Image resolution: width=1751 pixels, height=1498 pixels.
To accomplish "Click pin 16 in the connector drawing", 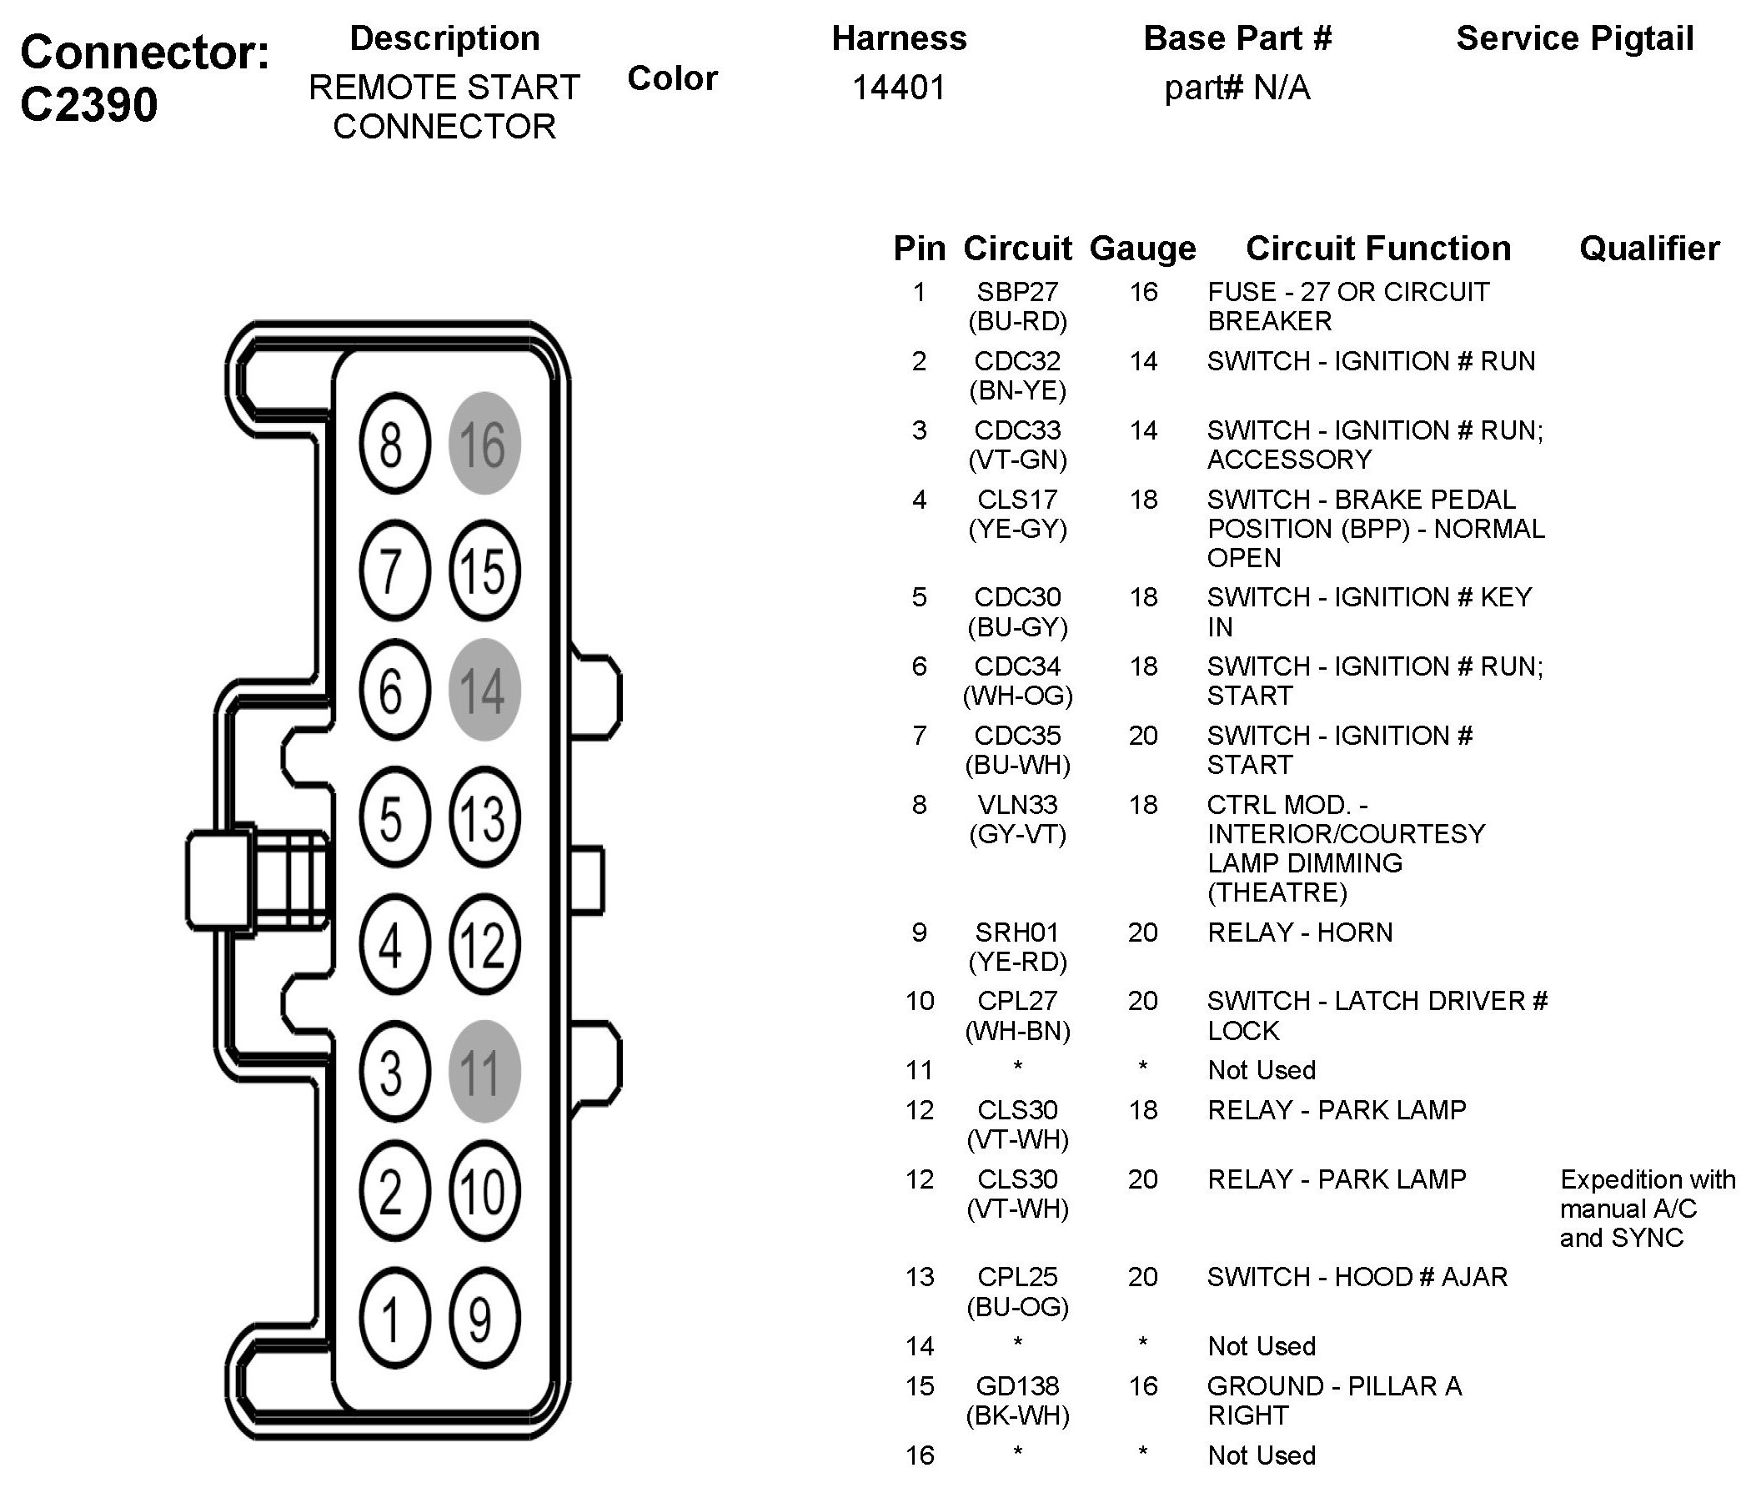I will pos(484,443).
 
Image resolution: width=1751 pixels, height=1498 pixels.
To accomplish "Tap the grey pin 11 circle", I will pos(484,1071).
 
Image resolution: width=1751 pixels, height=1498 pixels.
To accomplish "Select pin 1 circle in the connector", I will pos(394,1318).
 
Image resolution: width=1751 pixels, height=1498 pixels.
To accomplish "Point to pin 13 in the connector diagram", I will pos(484,817).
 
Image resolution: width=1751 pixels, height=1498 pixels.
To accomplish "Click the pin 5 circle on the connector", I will pos(394,817).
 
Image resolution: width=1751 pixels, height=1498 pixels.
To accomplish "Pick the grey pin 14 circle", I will pos(484,690).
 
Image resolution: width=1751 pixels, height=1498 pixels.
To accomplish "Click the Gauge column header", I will pos(1142,249).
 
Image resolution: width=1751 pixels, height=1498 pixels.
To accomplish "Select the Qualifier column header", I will pos(1648,249).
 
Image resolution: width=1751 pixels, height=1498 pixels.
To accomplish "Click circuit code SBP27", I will pos(1017,292).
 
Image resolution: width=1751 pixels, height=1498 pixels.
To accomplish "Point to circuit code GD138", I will pos(1017,1386).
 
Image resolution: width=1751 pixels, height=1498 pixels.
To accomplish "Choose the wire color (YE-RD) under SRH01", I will pos(1017,962).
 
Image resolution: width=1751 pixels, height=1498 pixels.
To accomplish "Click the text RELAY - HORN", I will pos(1300,932).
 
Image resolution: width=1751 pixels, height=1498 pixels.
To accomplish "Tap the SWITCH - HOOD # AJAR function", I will pos(1357,1276).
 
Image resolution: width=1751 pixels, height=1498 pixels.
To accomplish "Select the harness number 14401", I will pos(898,87).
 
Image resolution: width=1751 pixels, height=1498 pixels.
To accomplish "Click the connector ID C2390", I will pos(89,105).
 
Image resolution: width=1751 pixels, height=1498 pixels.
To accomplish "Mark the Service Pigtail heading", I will pos(1574,39).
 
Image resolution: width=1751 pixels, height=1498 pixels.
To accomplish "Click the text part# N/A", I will pos(1237,87).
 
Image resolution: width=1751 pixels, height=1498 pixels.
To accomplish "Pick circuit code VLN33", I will pos(1017,805).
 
